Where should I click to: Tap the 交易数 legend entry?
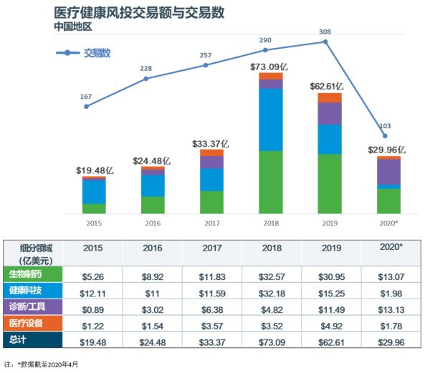98,53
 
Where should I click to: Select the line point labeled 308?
326,42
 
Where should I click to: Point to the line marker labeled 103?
386,136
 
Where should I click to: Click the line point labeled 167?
87,107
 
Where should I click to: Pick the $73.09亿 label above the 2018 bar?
270,67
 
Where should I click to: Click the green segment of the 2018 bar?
270,182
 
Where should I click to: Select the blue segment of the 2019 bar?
329,139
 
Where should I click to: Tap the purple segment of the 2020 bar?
388,172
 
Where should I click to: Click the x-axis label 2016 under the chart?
153,223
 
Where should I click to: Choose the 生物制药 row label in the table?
32,274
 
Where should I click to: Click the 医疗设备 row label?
32,324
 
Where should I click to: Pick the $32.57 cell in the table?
271,274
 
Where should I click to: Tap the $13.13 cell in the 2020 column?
390,307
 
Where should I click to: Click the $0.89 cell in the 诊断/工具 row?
92,307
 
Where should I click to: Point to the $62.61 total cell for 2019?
330,341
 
